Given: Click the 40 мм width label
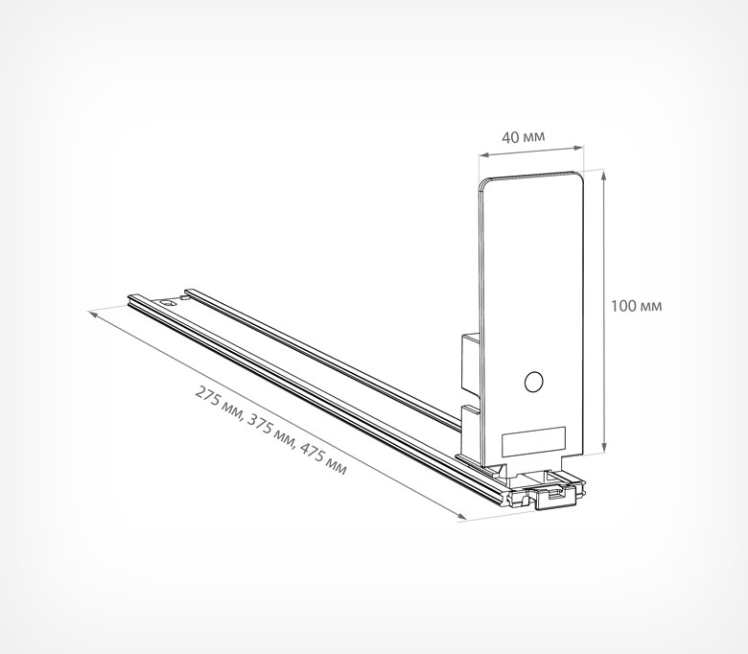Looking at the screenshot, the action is point(523,137).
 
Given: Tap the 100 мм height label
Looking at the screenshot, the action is point(637,306).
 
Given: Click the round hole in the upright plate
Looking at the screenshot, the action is point(533,382).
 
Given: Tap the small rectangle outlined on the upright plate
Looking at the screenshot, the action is point(533,441).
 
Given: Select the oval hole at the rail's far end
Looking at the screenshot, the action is point(167,302).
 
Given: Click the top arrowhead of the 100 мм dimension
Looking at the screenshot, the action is point(604,175).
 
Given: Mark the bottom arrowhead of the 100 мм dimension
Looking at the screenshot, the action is point(604,447).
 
